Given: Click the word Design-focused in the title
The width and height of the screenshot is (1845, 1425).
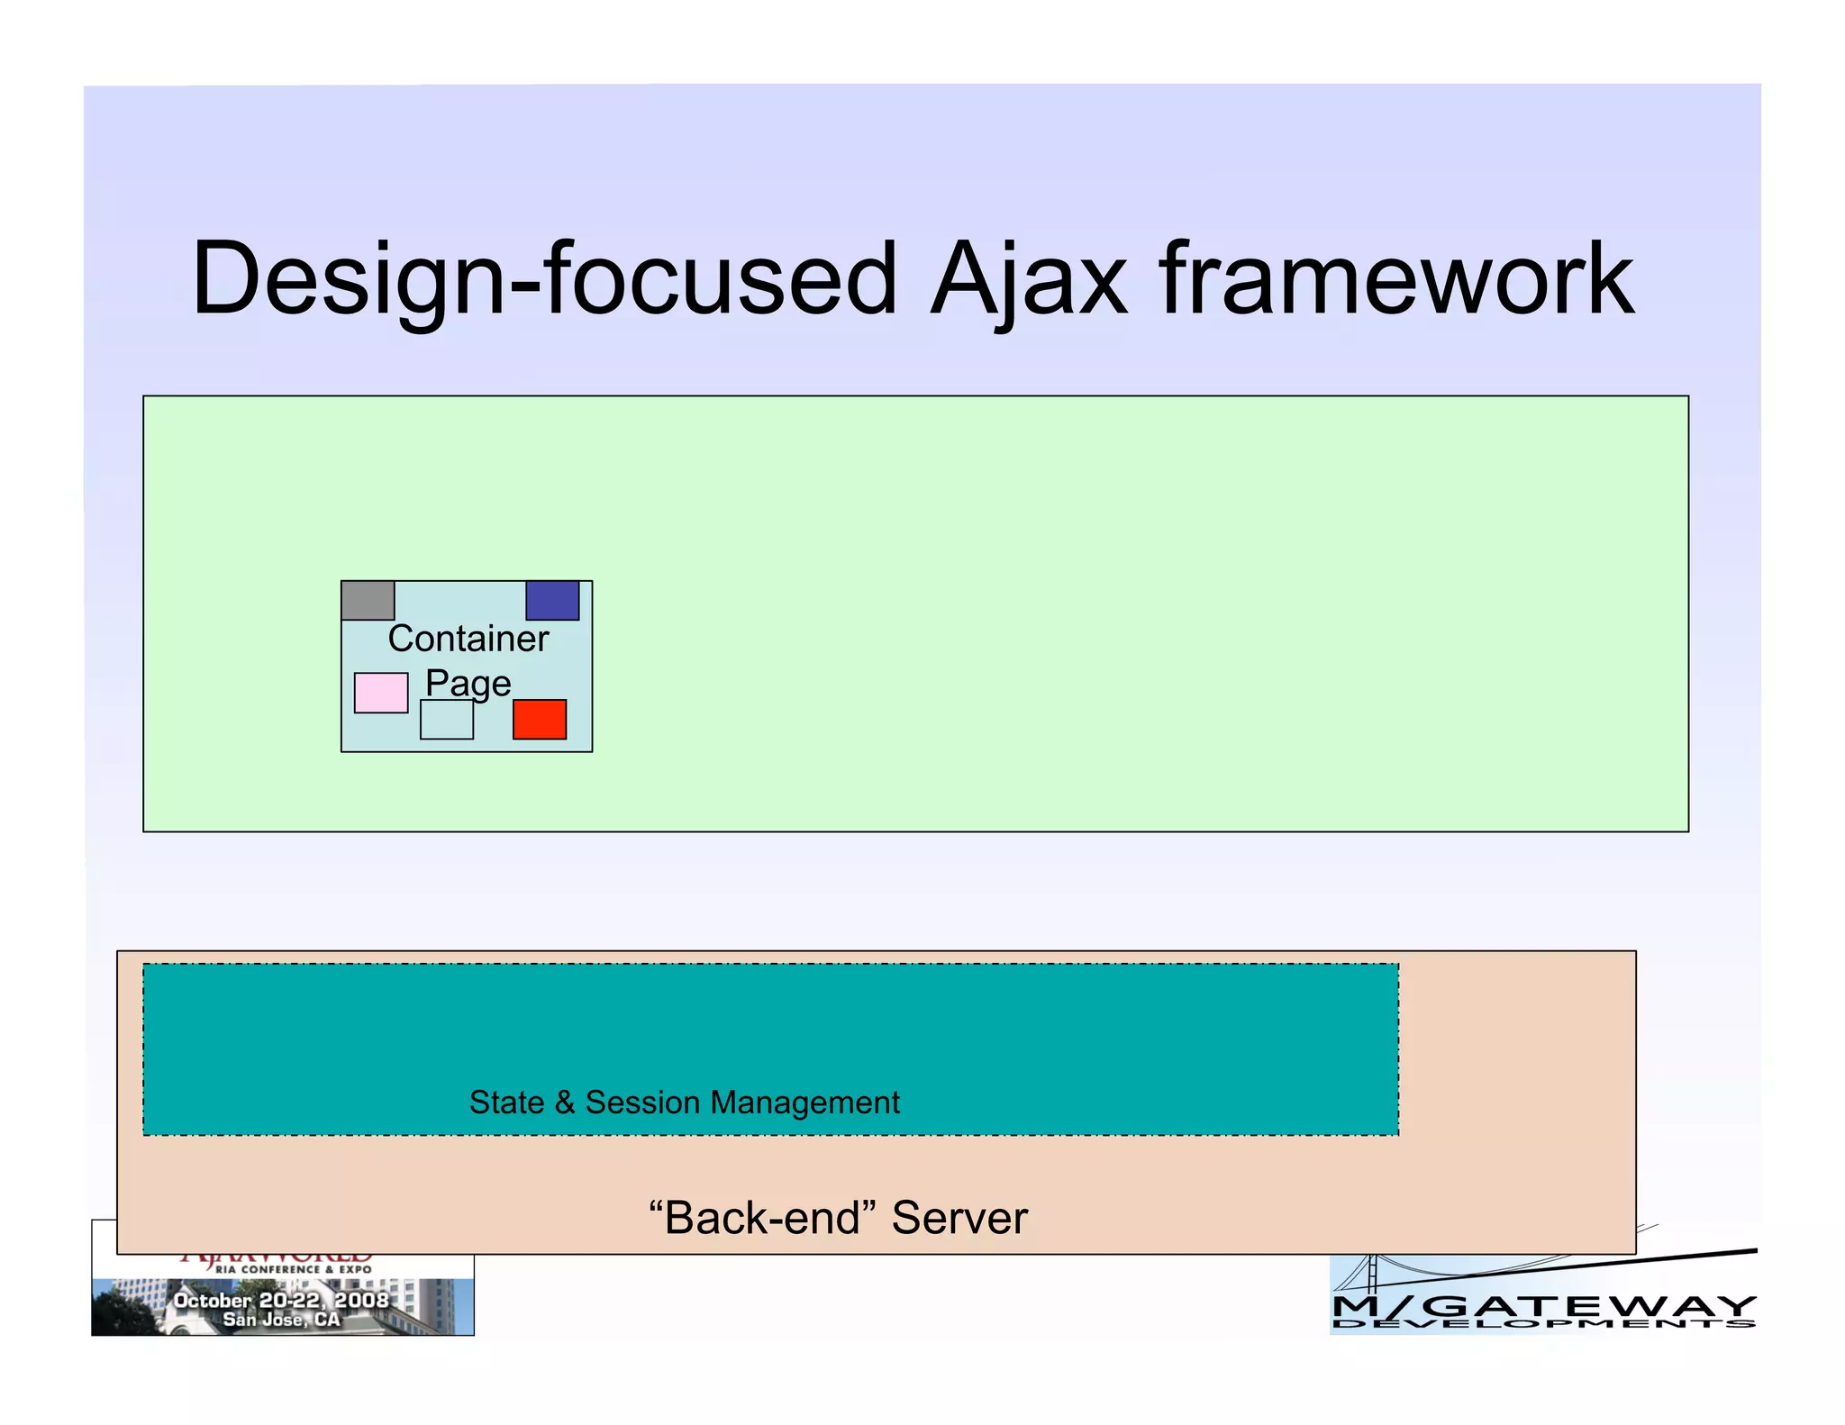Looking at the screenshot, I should click(543, 279).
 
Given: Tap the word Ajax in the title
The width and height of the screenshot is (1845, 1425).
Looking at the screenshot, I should click(1028, 279).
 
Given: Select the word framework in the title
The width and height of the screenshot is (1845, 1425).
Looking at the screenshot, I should click(1396, 279).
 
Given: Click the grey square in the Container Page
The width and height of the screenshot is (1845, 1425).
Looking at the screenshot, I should click(368, 600).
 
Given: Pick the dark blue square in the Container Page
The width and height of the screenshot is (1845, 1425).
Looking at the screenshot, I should click(552, 600).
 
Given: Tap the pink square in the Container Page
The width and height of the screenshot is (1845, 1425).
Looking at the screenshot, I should click(380, 693).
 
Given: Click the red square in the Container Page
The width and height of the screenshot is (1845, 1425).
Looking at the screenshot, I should click(540, 719).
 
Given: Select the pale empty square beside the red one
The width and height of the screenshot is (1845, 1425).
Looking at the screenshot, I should click(447, 720).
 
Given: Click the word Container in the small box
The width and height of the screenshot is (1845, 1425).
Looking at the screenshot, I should click(468, 639).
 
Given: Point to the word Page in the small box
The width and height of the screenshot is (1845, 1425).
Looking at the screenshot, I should click(468, 684).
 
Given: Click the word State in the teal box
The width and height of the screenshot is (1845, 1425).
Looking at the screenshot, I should click(506, 1103).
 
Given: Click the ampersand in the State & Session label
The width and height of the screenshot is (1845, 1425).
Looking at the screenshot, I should click(565, 1103).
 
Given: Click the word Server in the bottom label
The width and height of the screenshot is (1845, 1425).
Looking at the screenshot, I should click(959, 1218).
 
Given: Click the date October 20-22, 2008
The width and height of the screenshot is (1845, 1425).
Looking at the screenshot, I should click(281, 1300).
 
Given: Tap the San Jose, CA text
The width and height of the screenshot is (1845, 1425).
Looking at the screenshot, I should click(281, 1320).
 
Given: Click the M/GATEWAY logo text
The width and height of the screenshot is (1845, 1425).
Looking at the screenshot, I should click(1543, 1305).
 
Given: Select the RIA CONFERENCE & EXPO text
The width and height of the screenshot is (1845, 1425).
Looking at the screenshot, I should click(293, 1269).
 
